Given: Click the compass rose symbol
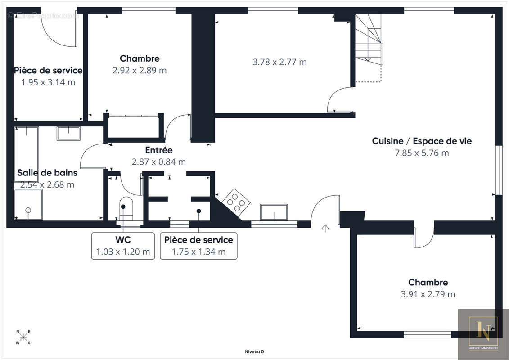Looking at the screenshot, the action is (x=23, y=337).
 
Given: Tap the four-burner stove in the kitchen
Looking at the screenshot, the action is (x=236, y=202).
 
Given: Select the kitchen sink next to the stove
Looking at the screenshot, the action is (x=274, y=212).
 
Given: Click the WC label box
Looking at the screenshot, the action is (x=123, y=246).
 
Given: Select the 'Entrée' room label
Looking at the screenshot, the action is (x=159, y=150).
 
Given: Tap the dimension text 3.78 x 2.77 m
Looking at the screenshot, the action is (x=279, y=62).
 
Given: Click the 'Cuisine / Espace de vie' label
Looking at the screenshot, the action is (x=422, y=141).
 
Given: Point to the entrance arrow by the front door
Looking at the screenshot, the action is (x=325, y=228).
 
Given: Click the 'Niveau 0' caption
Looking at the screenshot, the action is (x=255, y=351).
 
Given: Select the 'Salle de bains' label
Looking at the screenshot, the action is (x=47, y=173).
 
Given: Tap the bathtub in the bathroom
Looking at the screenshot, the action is (x=26, y=154).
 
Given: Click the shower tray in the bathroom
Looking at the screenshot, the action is (x=28, y=204).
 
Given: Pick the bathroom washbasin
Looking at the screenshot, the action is (x=68, y=133).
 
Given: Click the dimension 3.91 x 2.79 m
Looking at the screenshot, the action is (x=428, y=294).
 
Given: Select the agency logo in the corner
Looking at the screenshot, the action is (x=483, y=334).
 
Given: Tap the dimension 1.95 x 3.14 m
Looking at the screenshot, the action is (x=48, y=82).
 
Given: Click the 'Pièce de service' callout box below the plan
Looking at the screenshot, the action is (x=198, y=246).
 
